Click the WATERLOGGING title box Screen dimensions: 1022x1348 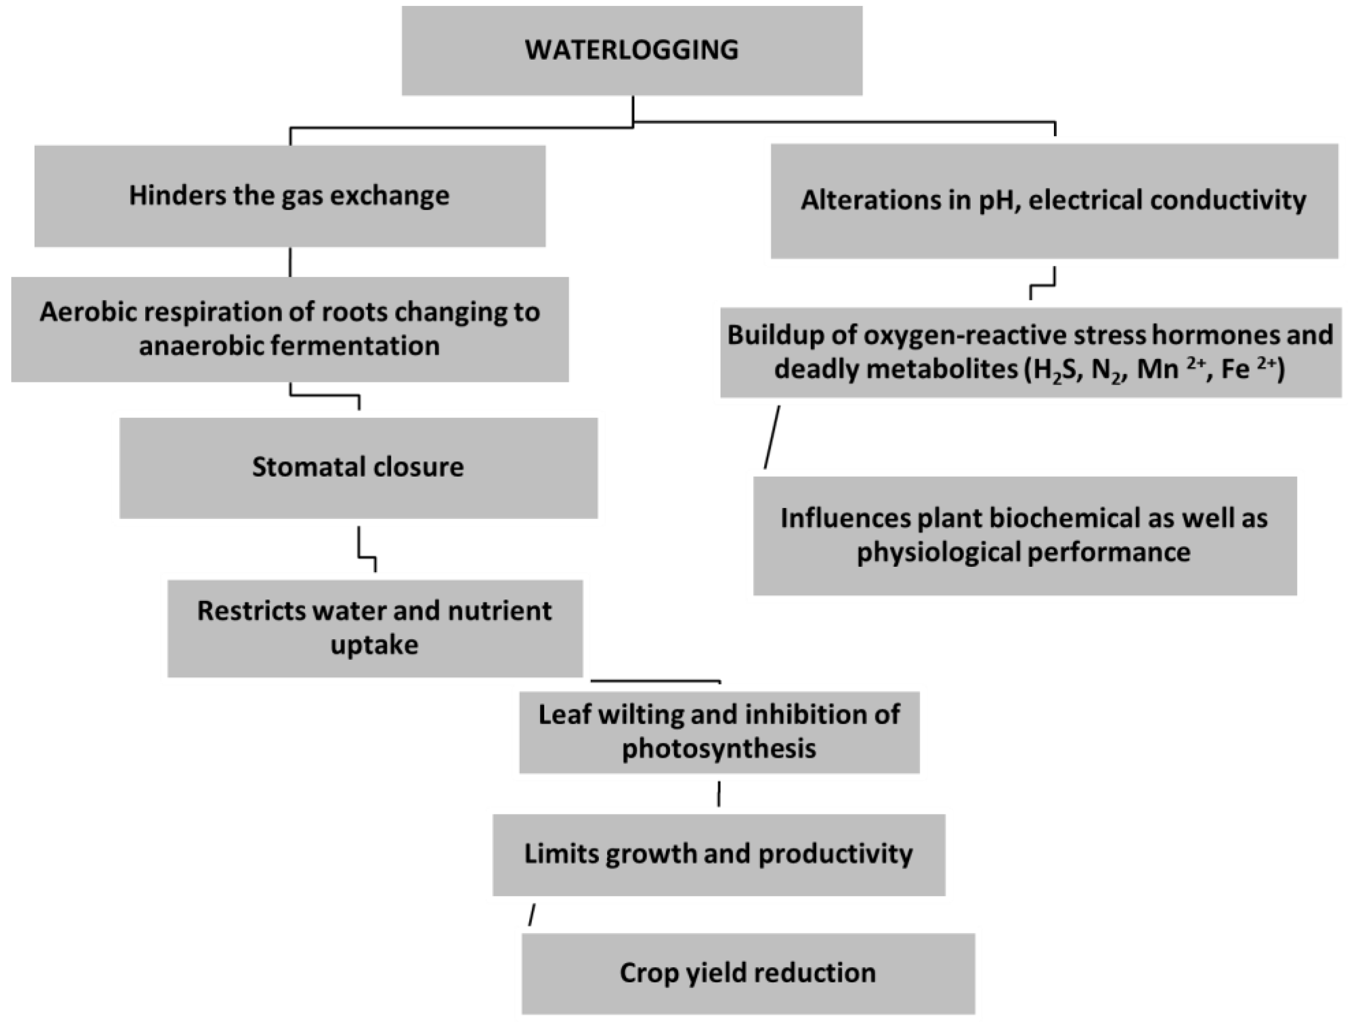pyautogui.click(x=632, y=50)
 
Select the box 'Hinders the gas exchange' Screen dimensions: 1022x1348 pyautogui.click(x=289, y=196)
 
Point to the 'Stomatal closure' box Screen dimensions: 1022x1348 pyautogui.click(x=358, y=468)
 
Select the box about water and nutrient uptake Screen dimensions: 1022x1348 pyautogui.click(x=375, y=628)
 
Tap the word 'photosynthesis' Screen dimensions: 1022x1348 pyautogui.click(x=719, y=748)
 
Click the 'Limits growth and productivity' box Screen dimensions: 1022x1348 pyautogui.click(x=719, y=854)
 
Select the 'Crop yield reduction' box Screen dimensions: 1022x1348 pyautogui.click(x=748, y=973)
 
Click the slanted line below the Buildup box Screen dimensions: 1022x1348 pyautogui.click(x=772, y=437)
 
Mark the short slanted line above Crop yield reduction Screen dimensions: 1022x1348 pyautogui.click(x=532, y=915)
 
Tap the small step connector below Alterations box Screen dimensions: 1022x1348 pyautogui.click(x=1043, y=285)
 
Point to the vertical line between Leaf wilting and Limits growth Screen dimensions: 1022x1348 pyautogui.click(x=719, y=794)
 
